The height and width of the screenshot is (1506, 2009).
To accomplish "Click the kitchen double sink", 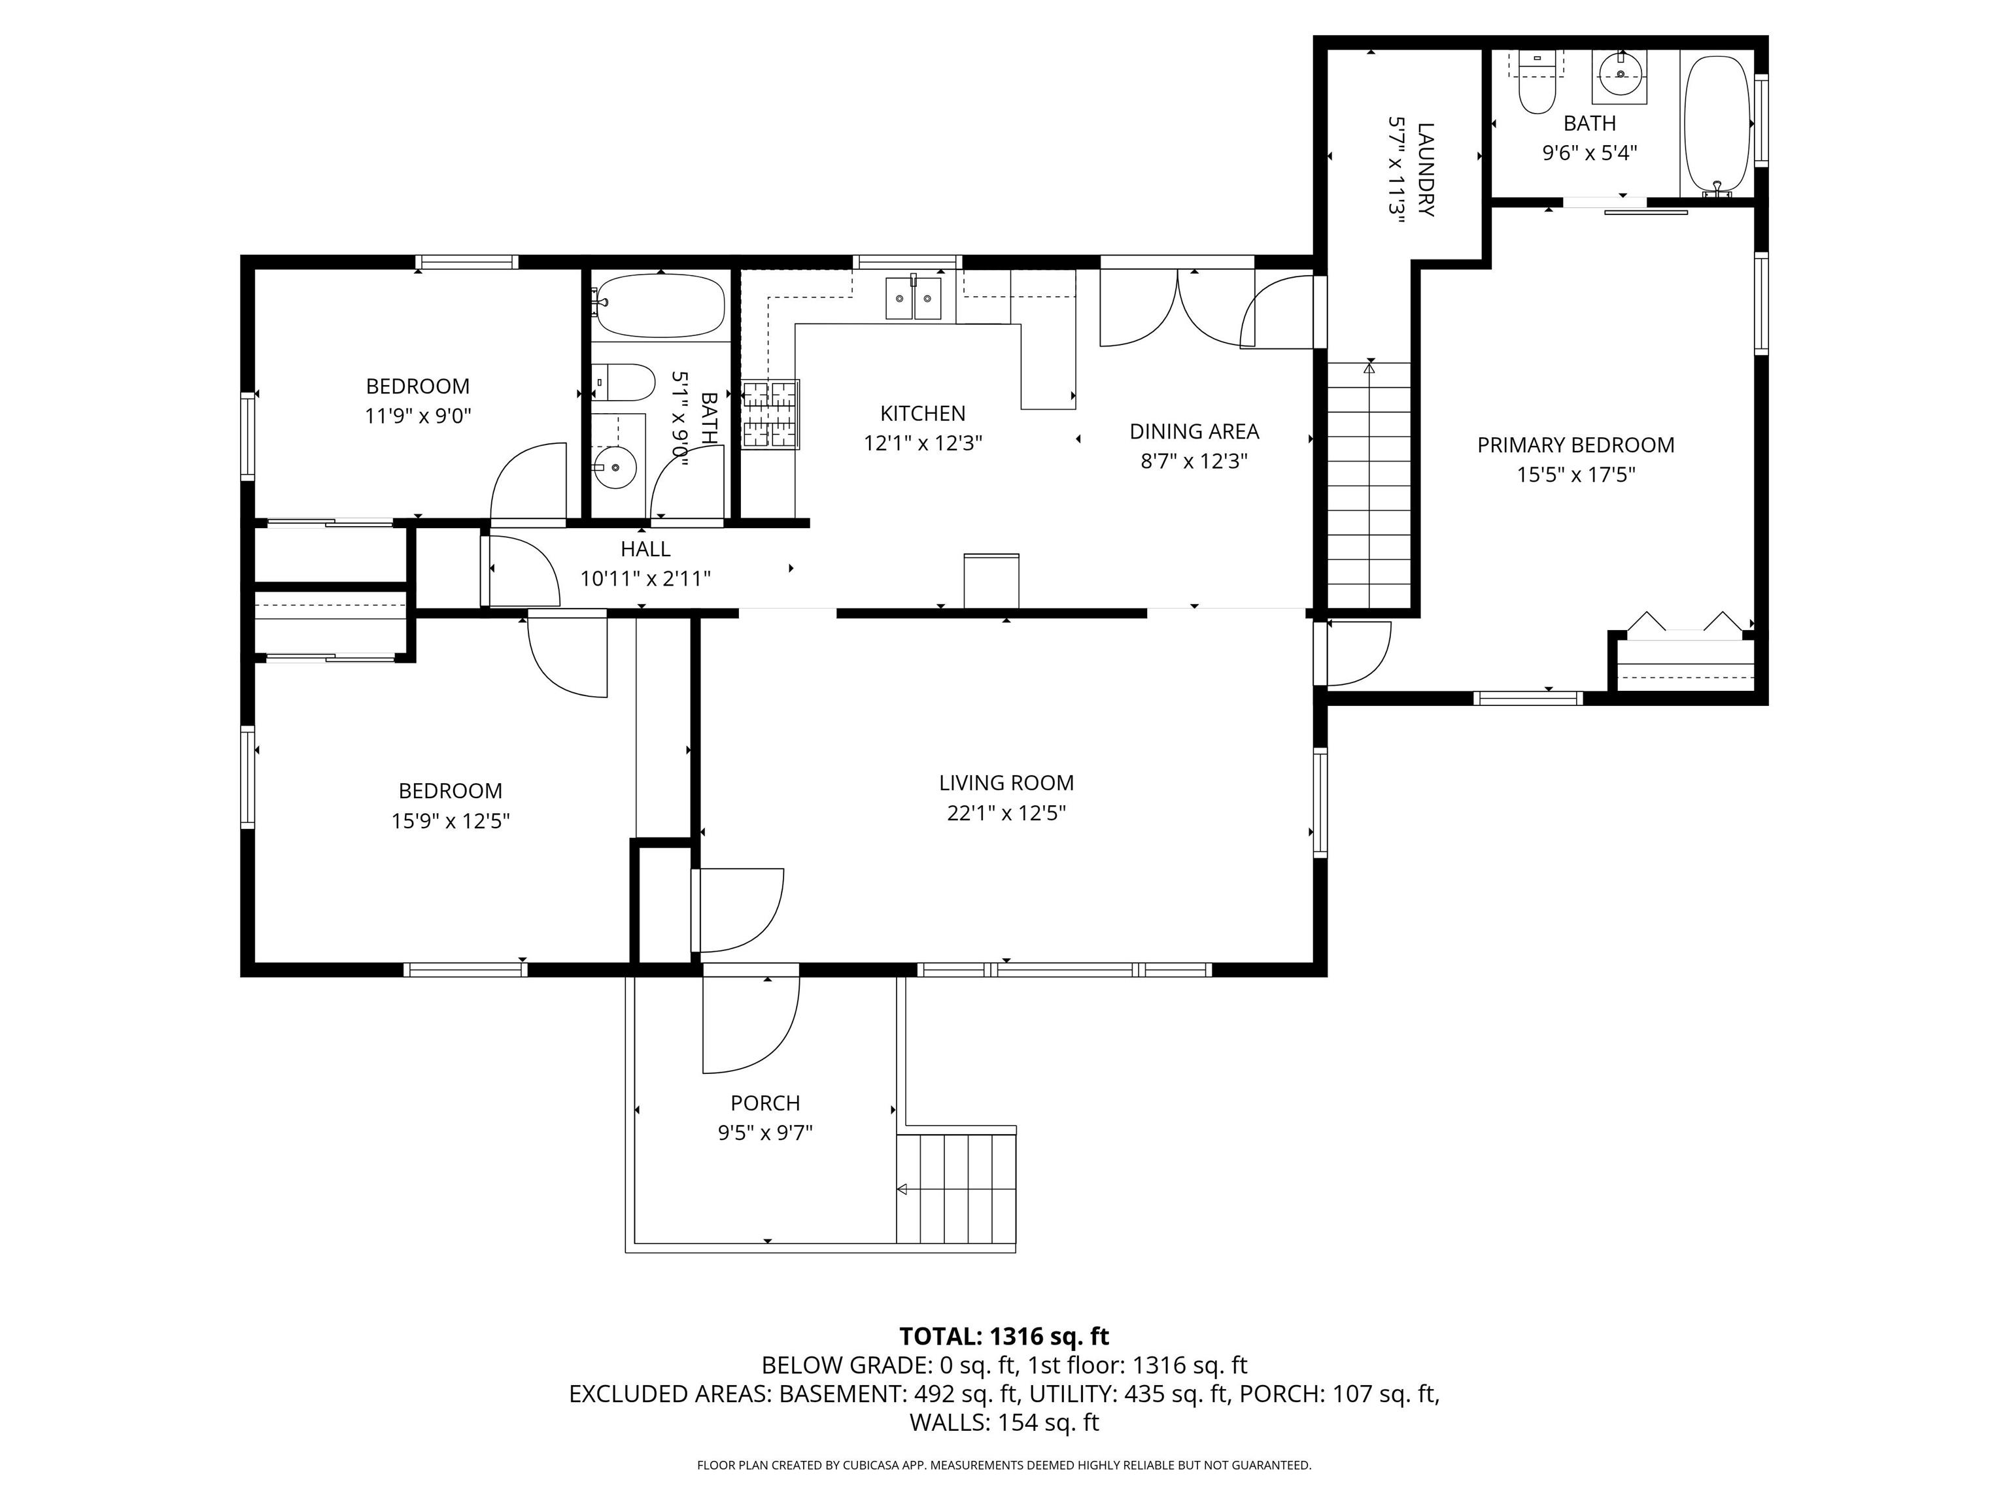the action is (914, 298).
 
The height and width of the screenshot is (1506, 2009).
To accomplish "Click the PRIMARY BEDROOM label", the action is (1576, 445).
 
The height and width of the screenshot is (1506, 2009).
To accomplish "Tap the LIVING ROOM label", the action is (1006, 782).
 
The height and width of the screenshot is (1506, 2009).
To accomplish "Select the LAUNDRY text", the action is (1425, 170).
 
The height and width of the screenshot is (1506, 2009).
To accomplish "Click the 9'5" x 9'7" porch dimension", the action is (764, 1133).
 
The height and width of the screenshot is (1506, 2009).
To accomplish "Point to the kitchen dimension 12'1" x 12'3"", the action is (923, 443).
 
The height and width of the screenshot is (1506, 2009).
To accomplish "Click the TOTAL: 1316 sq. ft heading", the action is (1004, 1336).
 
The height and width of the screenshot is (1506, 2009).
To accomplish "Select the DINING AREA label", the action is (1194, 431).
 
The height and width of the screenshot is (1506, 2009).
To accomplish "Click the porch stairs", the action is (956, 1188).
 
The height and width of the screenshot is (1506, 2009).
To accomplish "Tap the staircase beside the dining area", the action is (1369, 486).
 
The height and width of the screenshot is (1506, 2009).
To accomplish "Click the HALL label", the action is (645, 548).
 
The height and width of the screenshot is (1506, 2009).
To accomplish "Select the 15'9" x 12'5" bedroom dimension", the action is (451, 820).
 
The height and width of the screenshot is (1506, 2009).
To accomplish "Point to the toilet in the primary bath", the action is (1537, 91).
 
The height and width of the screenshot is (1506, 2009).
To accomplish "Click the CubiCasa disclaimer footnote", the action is (1004, 1465).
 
